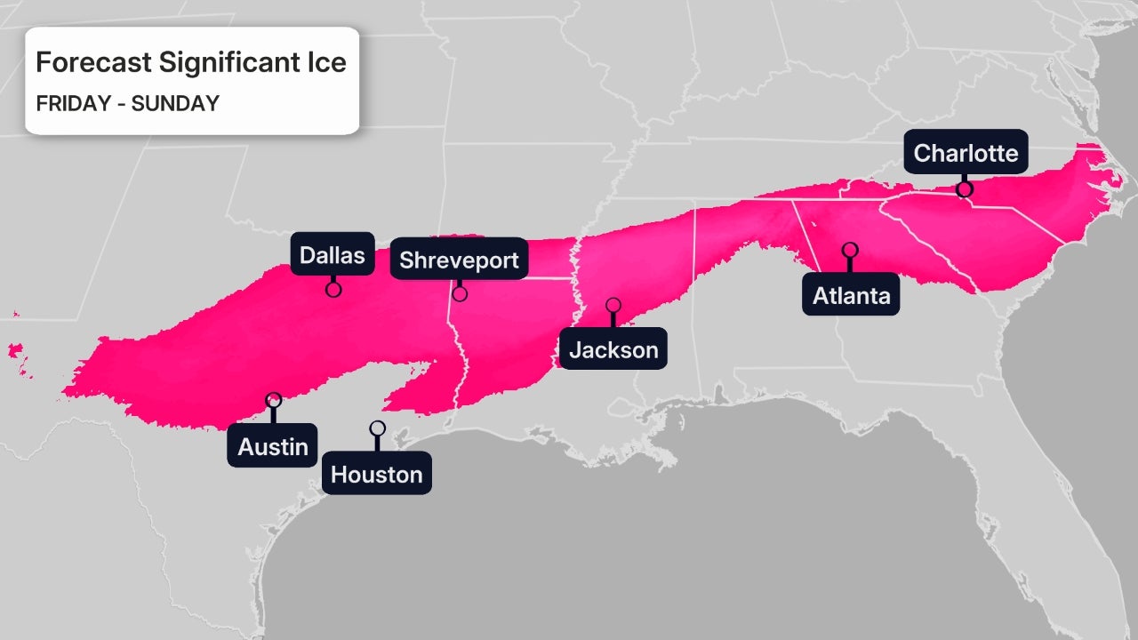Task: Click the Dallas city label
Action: click(x=332, y=256)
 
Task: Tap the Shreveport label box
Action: click(x=459, y=260)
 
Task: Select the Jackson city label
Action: click(x=613, y=349)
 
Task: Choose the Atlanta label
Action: click(x=851, y=296)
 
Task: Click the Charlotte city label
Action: click(x=966, y=153)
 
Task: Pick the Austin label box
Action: click(x=273, y=446)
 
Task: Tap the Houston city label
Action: click(x=377, y=475)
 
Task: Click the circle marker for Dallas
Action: click(x=333, y=289)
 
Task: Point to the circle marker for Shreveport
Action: click(x=460, y=294)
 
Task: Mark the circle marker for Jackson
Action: click(x=613, y=305)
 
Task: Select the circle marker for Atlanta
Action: click(x=850, y=250)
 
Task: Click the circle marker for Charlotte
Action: click(x=965, y=188)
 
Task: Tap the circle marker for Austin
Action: click(x=273, y=400)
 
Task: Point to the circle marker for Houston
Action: click(x=377, y=428)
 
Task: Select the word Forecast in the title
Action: click(x=94, y=63)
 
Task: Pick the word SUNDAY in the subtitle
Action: click(x=175, y=103)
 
